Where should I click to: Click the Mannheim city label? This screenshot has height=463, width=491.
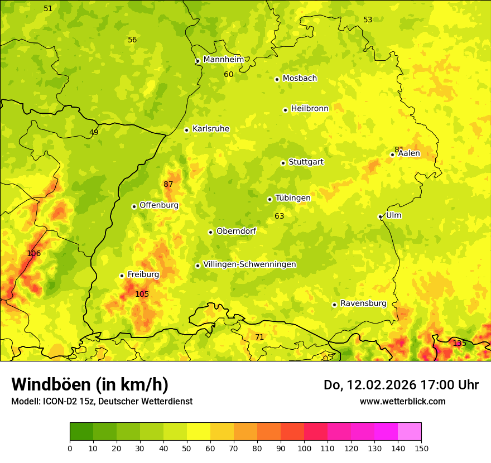click(x=223, y=60)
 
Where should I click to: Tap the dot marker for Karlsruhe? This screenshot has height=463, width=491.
click(x=187, y=130)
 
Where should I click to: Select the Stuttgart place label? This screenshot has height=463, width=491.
click(x=306, y=162)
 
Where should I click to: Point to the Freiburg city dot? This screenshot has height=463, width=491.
click(x=122, y=276)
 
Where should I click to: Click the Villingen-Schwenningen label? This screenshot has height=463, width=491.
click(x=249, y=264)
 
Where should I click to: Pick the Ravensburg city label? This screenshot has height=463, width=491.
click(x=363, y=303)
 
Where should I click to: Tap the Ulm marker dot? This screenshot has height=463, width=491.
click(x=380, y=217)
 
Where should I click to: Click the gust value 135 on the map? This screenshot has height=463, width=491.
click(x=459, y=343)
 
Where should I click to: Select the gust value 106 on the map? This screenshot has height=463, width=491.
click(x=34, y=253)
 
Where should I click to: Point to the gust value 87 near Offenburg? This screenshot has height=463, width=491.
click(x=169, y=184)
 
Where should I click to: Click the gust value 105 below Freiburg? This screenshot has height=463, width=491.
click(x=142, y=294)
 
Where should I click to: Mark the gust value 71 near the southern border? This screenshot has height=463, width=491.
click(x=259, y=337)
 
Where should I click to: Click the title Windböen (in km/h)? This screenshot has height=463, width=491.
click(x=90, y=384)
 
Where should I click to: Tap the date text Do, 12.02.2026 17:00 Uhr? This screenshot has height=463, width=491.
click(x=401, y=385)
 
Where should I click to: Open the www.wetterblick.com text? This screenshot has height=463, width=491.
click(x=402, y=401)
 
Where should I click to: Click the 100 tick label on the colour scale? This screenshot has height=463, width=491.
click(x=304, y=447)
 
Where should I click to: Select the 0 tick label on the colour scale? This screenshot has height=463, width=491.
click(x=70, y=447)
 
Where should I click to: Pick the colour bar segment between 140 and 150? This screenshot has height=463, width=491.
click(x=410, y=431)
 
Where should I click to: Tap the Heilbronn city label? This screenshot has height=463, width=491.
click(x=310, y=109)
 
